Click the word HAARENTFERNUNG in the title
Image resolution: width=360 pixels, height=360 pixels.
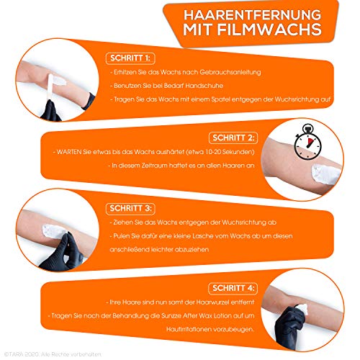pos(252,15)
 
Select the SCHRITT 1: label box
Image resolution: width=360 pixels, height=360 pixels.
pos(130,58)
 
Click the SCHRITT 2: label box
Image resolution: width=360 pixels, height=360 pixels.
pos(233,138)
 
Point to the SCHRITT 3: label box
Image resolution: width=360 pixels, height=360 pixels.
pos(130,208)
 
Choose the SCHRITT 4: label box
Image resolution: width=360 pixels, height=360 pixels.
pos(233,288)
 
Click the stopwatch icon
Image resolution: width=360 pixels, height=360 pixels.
pos(307,142)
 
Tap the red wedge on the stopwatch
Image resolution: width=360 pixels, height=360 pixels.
pos(310,142)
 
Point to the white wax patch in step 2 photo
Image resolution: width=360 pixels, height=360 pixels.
pos(325,174)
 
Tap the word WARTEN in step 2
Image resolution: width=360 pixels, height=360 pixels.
pos(69,152)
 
